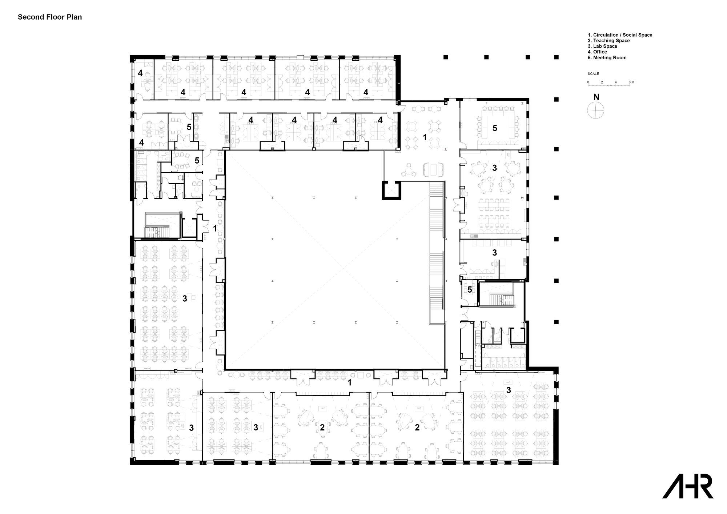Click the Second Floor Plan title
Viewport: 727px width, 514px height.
pyautogui.click(x=50, y=17)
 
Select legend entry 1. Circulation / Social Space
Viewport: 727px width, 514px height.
pyautogui.click(x=620, y=35)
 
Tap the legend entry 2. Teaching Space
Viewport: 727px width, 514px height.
pyautogui.click(x=608, y=41)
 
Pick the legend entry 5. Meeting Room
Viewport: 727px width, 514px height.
pyautogui.click(x=607, y=57)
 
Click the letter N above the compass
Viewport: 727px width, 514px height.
pyautogui.click(x=596, y=97)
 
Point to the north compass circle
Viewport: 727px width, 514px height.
pyautogui.click(x=596, y=110)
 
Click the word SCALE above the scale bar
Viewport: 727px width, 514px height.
pyautogui.click(x=593, y=74)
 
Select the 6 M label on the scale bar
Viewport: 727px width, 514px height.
pyautogui.click(x=631, y=83)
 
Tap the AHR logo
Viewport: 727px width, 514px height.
pyautogui.click(x=687, y=486)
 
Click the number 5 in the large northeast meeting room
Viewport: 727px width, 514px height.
pyautogui.click(x=495, y=128)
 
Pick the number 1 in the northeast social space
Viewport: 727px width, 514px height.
pyautogui.click(x=425, y=137)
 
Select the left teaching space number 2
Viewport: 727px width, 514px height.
pyautogui.click(x=322, y=427)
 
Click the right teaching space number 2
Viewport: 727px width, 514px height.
pyautogui.click(x=417, y=427)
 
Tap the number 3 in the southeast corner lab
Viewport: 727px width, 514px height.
pyautogui.click(x=509, y=390)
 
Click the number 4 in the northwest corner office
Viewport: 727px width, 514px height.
pyautogui.click(x=140, y=73)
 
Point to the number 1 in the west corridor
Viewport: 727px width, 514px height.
pyautogui.click(x=215, y=228)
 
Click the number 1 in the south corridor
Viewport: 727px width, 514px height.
pyautogui.click(x=350, y=382)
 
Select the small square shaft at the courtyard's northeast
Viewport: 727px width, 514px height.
pyautogui.click(x=391, y=190)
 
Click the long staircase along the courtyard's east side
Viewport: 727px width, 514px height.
pyautogui.click(x=437, y=251)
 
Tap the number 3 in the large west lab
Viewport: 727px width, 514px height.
pyautogui.click(x=185, y=298)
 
